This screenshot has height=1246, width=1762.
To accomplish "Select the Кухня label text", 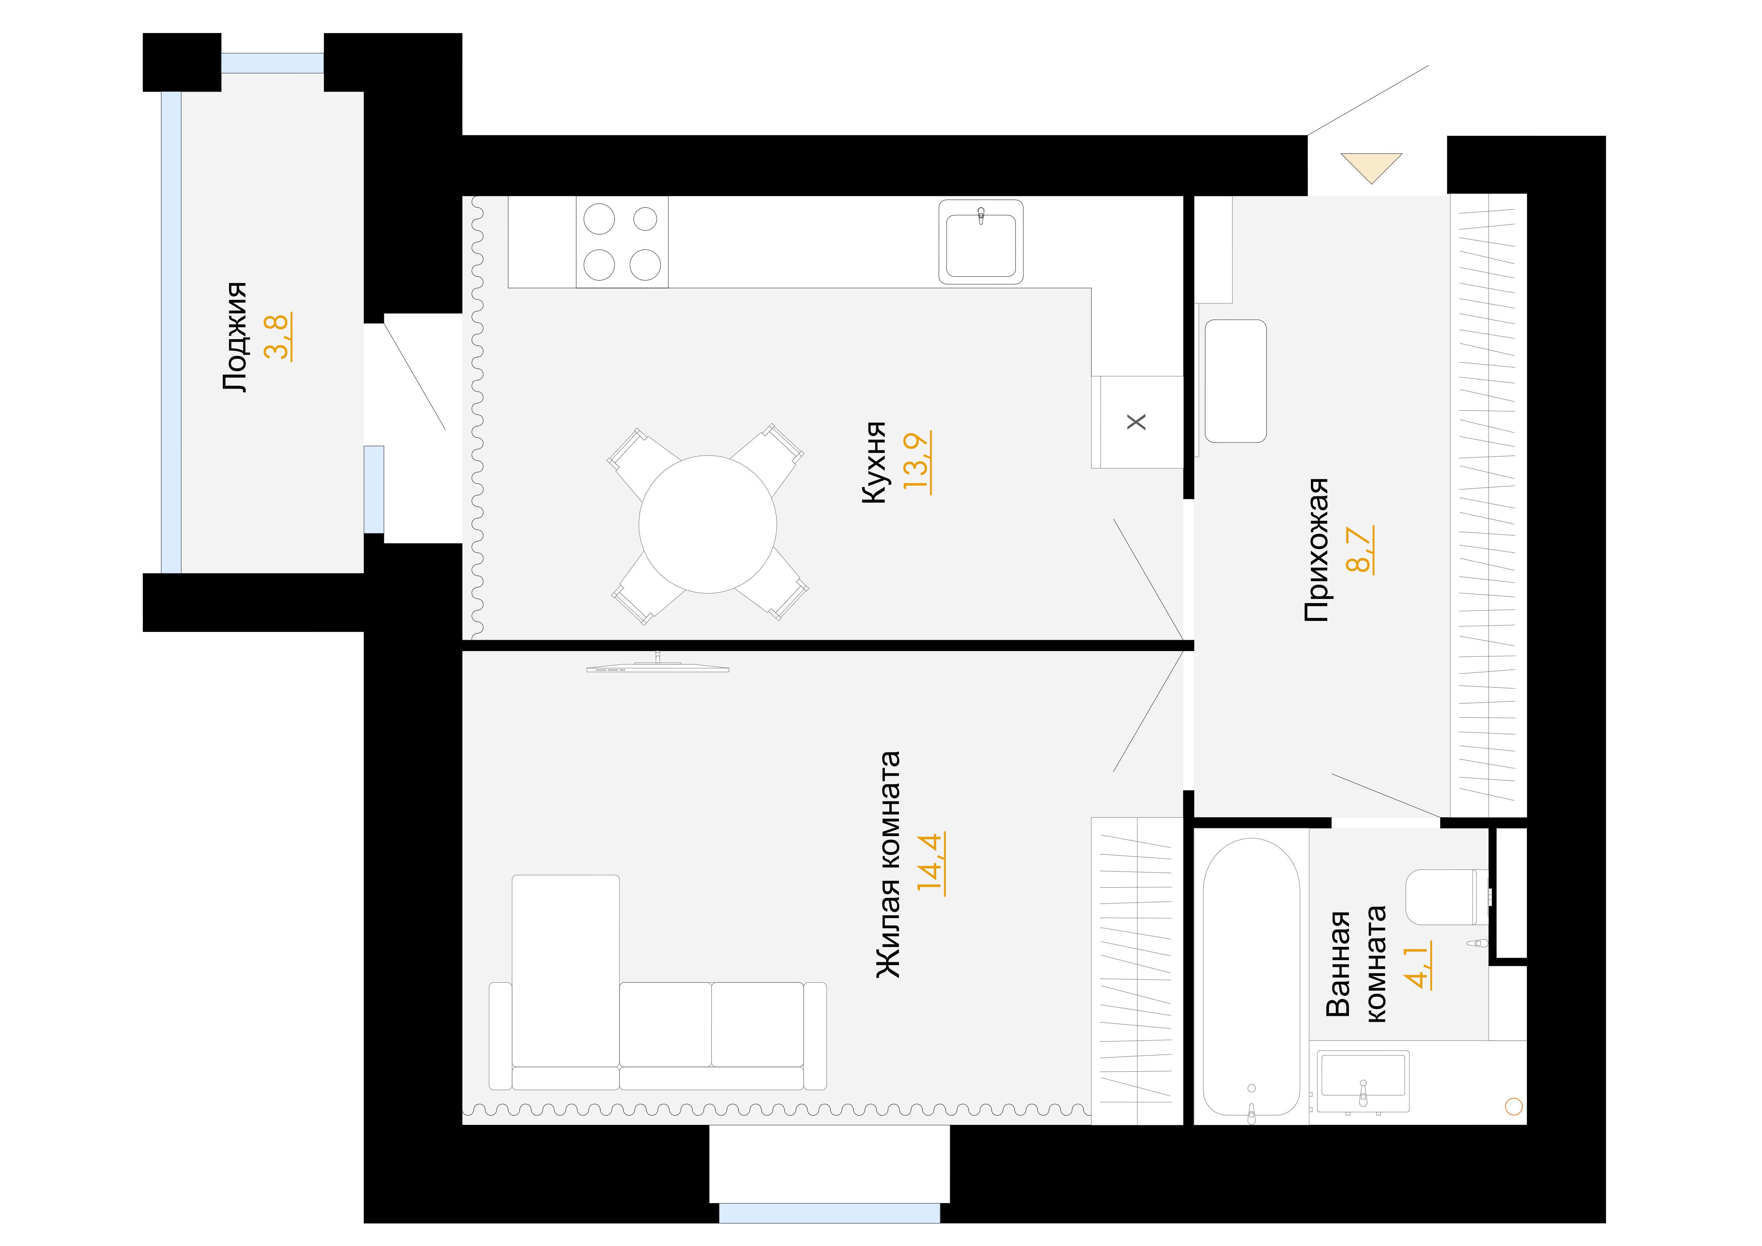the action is [874, 463].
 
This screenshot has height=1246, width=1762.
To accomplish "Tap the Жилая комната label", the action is [888, 865].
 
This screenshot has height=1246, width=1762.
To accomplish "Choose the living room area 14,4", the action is [932, 865].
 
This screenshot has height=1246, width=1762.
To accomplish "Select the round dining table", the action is [707, 525].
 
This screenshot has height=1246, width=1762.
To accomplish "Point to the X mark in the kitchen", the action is [1137, 422].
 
